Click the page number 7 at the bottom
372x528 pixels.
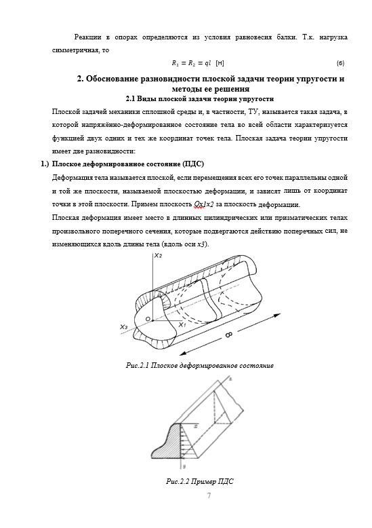pos(209,495)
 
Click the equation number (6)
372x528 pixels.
pos(340,63)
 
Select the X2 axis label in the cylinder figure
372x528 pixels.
pos(159,255)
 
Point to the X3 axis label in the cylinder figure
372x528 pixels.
pos(124,326)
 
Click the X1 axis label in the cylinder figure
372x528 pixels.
pos(182,324)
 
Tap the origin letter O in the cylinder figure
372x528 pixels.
pos(147,318)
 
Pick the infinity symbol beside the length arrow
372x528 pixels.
pos(228,335)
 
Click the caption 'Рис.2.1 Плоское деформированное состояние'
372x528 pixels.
pos(200,365)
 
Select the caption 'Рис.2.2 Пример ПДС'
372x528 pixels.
pos(200,481)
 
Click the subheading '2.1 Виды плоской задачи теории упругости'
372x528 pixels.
pos(200,99)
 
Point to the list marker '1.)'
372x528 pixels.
pos(45,164)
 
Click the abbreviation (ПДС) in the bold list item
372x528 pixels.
pos(193,164)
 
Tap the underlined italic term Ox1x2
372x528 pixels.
pos(204,204)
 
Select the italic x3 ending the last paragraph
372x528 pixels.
pos(201,244)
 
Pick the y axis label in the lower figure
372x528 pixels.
pos(185,466)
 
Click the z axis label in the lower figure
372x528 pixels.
pos(230,379)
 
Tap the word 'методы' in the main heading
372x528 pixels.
pos(186,89)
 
